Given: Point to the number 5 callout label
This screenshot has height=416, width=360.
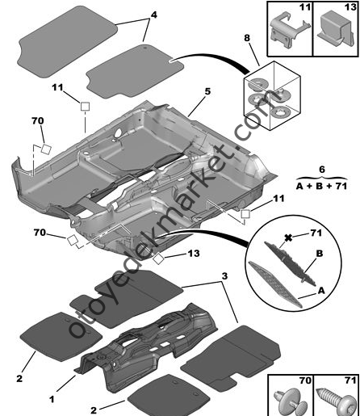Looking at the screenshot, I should pyautogui.click(x=207, y=91).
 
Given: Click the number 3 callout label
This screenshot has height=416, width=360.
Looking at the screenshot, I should pyautogui.click(x=224, y=276).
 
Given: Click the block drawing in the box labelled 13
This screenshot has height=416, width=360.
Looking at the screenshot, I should pyautogui.click(x=335, y=25).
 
